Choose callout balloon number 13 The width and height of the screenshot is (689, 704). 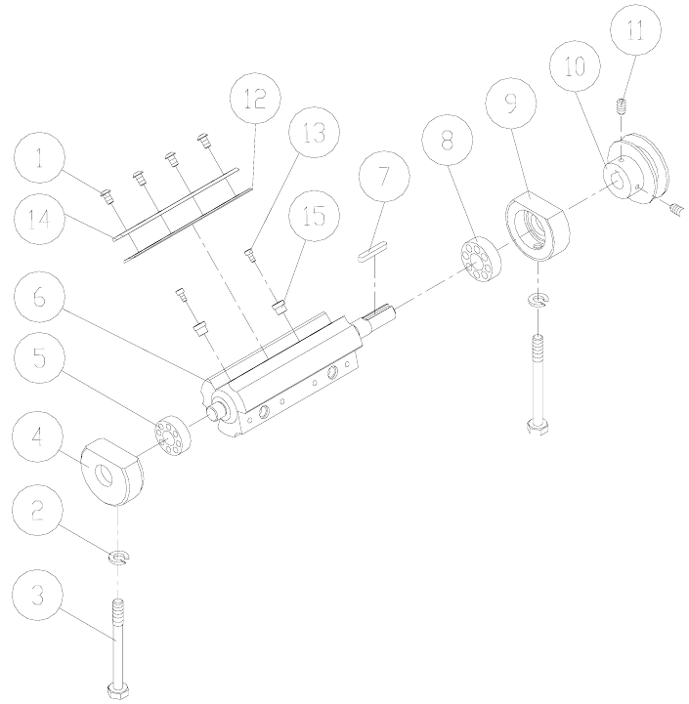pyautogui.click(x=312, y=133)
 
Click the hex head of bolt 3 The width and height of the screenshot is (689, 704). pyautogui.click(x=119, y=687)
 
